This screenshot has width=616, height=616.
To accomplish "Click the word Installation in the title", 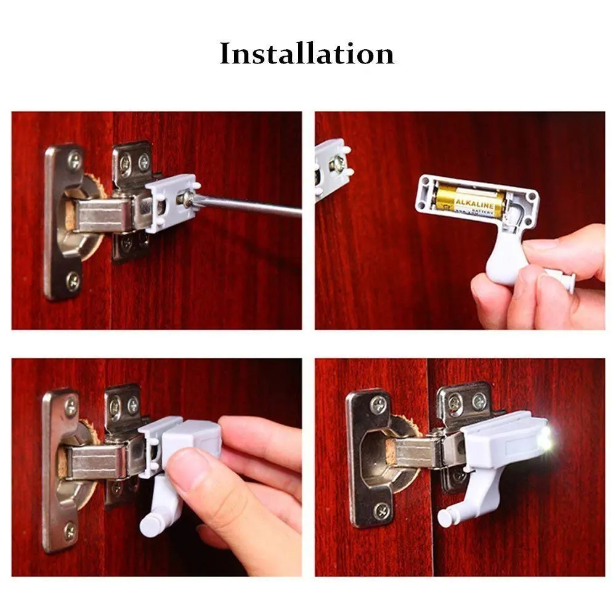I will tap(307, 54).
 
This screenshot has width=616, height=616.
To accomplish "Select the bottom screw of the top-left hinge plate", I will tap(73, 281).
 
